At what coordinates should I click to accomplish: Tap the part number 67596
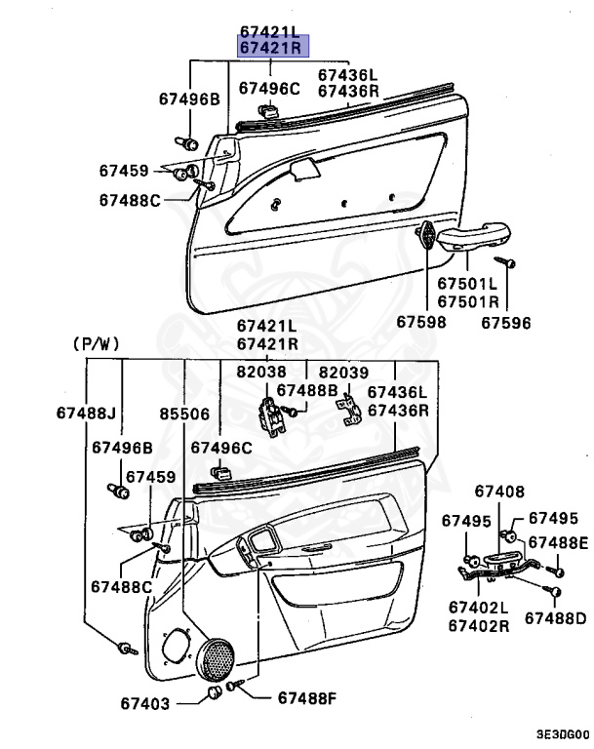[x=506, y=320]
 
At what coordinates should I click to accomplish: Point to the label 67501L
[x=467, y=284]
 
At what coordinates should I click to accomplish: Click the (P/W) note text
[x=95, y=343]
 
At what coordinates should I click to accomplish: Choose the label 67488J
[x=85, y=413]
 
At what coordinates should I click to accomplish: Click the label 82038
[x=260, y=373]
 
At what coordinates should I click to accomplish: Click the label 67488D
[x=555, y=617]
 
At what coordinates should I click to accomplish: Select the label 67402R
[x=479, y=624]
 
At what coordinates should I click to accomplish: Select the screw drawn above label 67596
[x=506, y=262]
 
